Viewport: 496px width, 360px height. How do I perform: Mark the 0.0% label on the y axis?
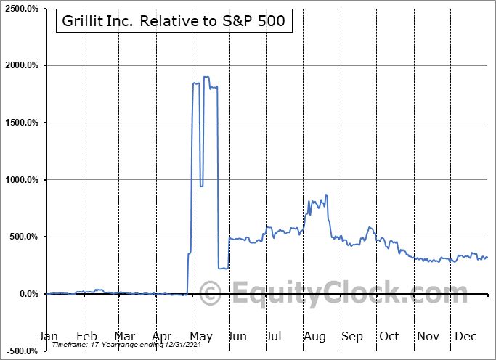point(27,294)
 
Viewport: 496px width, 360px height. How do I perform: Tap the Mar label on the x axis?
point(125,337)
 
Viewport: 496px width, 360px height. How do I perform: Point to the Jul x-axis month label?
point(275,337)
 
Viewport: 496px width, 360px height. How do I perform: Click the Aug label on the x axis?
point(314,337)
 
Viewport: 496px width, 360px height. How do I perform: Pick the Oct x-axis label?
point(389,337)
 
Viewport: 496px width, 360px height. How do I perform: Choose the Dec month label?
point(465,337)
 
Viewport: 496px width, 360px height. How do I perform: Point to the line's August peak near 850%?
point(327,195)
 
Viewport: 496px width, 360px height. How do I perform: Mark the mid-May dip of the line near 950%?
point(201,186)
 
